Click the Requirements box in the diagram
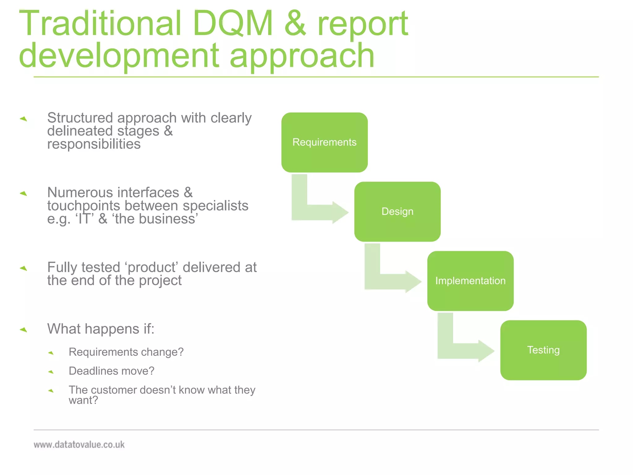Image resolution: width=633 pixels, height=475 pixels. click(324, 142)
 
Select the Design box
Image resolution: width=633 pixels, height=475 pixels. click(397, 212)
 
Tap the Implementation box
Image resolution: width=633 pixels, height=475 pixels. click(470, 281)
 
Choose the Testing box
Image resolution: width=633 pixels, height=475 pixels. click(543, 350)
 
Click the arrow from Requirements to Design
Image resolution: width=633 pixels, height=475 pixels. click(318, 212)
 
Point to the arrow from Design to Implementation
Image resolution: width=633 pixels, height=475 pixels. click(391, 281)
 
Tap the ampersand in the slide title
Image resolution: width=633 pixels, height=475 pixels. click(295, 24)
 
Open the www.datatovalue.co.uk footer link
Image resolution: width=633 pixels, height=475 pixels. click(79, 445)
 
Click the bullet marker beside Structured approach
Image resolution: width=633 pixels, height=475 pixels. click(23, 119)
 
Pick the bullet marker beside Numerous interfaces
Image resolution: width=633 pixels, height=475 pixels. click(23, 194)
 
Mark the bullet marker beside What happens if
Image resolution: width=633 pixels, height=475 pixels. click(23, 330)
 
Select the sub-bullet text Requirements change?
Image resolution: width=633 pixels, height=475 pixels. click(126, 352)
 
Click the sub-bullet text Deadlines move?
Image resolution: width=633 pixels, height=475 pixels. click(111, 371)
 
